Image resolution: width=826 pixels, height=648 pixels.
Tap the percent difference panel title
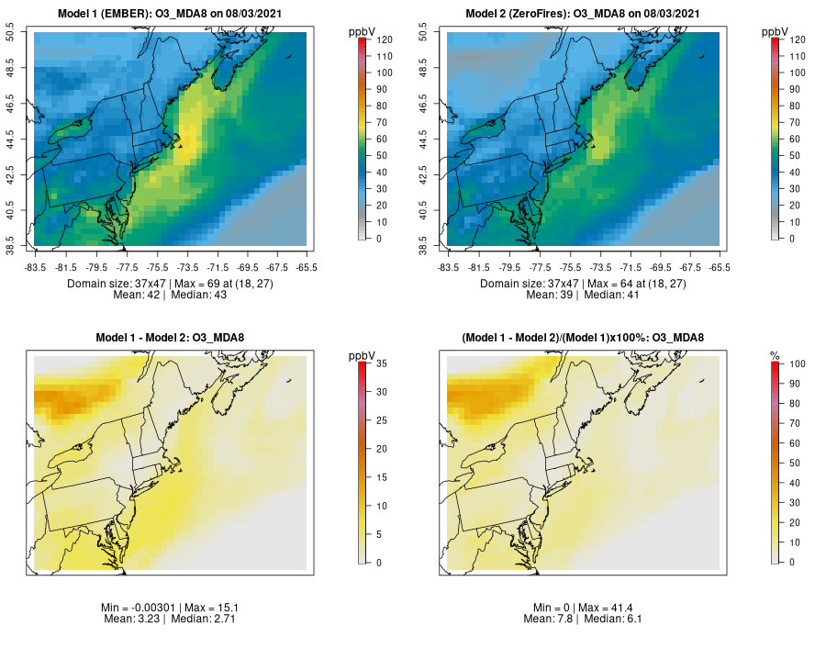tap(583, 338)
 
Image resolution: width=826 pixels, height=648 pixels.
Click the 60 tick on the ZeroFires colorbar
tap(793, 139)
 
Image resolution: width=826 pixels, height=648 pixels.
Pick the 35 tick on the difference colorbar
tap(377, 364)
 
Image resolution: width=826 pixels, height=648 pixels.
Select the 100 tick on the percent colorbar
tap(793, 364)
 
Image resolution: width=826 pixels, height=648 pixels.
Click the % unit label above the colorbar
tap(775, 355)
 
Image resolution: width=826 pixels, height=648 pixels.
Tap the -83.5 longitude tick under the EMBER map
tap(35, 267)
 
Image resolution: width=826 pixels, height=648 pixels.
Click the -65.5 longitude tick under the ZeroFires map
tap(720, 267)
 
